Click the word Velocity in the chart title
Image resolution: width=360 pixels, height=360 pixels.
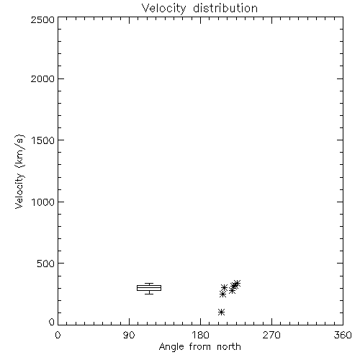[x=164, y=9]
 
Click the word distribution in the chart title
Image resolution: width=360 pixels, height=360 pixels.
[x=225, y=8]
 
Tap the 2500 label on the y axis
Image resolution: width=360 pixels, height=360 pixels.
[x=42, y=19]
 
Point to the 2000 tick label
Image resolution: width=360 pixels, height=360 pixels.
[x=42, y=78]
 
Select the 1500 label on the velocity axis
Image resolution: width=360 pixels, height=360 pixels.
[x=43, y=140]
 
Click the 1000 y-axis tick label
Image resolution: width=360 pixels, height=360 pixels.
[x=43, y=202]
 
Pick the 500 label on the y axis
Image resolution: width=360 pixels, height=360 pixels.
[x=46, y=264]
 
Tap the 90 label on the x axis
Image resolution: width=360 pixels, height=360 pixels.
[x=129, y=335]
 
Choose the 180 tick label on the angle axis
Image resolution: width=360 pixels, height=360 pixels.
[x=200, y=335]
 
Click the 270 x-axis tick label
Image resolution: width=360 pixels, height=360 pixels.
[x=271, y=335]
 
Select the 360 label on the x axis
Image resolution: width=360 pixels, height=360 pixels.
[x=343, y=335]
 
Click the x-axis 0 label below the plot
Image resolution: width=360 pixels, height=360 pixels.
[x=58, y=335]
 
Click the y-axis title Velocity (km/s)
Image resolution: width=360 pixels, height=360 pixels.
[x=19, y=171]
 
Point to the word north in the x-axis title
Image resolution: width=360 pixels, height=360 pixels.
[x=229, y=347]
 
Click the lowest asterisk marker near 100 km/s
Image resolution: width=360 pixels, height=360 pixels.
[x=221, y=312]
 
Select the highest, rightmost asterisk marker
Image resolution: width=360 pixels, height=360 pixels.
[x=237, y=284]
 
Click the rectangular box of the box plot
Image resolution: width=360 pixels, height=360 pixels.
[x=149, y=286]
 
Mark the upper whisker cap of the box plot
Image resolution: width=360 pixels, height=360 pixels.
[x=149, y=284]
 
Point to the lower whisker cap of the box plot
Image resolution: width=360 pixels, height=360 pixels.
[x=149, y=294]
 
